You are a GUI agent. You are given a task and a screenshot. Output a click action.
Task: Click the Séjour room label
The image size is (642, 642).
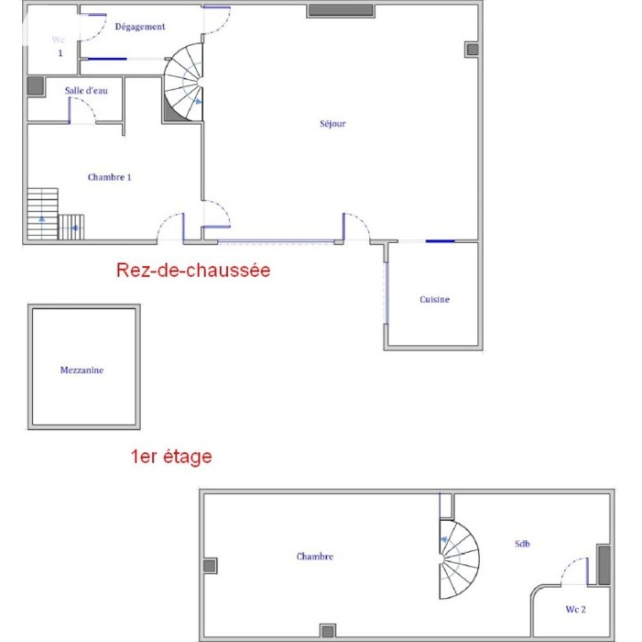pos(333,124)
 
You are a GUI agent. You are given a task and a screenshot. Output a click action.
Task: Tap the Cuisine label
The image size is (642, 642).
pos(435,299)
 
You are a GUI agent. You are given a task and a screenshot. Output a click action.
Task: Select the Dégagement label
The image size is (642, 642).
pos(140,27)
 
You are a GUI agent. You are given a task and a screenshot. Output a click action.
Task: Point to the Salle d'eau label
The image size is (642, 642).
pos(86,91)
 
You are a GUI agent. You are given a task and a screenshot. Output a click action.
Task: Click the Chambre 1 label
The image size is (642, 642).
pos(110,177)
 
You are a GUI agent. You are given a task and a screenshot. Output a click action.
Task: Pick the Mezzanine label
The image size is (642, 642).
pos(82,370)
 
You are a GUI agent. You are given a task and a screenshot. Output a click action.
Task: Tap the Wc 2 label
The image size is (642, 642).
pos(575,609)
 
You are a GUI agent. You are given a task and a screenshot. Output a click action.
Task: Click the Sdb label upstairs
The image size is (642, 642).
pos(522,544)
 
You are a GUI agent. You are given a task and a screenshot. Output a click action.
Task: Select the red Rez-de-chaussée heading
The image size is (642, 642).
pos(193,270)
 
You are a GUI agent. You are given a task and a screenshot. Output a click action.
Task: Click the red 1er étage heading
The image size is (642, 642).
pos(171,457)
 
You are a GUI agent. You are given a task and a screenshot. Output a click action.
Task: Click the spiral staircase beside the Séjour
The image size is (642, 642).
pos(184,82)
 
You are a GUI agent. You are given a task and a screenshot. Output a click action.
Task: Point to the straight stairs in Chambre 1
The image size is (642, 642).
pos(42,214)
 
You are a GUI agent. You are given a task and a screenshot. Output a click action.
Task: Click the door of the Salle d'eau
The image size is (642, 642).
pos(82,113)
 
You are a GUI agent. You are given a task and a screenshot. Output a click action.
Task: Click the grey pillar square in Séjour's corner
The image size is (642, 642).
pos(472,49)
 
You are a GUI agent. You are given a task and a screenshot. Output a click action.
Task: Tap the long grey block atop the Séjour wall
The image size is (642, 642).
pos(340,11)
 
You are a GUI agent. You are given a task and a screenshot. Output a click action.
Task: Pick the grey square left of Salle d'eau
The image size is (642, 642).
pos(35,87)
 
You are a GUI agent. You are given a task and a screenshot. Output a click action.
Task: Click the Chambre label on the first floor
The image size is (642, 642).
pos(315,557)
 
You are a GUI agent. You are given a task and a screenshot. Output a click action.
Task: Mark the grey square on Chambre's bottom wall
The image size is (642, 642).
pos(327,630)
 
